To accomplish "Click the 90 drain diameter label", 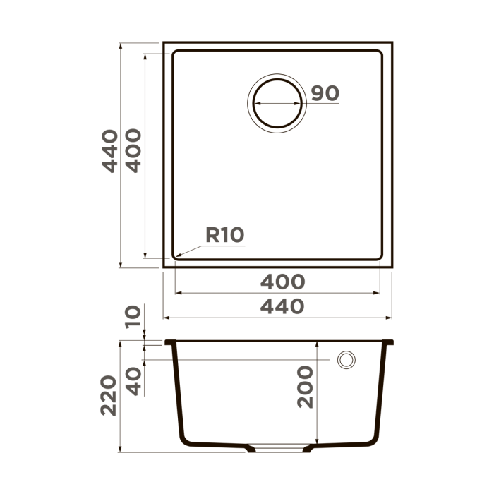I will point(325,93).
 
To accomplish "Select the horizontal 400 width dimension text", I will point(282,282).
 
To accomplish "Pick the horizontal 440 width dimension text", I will point(282,306).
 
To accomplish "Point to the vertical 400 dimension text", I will point(133,150).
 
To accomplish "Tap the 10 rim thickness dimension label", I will point(133,317).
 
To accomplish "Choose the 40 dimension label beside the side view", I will point(133,382).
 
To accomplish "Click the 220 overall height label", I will point(109,395).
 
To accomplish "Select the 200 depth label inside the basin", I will point(305,387).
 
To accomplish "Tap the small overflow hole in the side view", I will point(347,359).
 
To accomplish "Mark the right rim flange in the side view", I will point(389,342).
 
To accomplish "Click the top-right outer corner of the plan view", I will point(392,42).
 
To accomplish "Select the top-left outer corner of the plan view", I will point(164,42).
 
